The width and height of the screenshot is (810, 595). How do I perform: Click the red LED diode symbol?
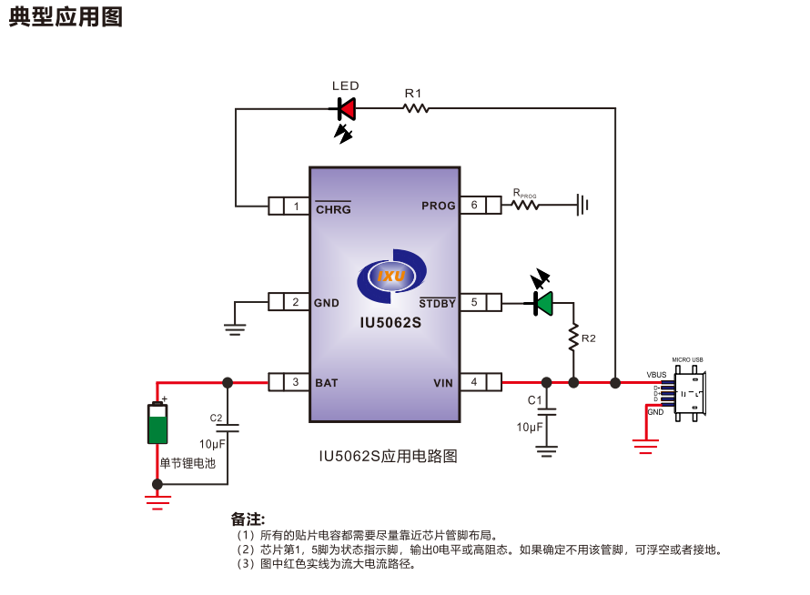(346, 109)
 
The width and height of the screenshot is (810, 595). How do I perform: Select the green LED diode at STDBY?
(543, 303)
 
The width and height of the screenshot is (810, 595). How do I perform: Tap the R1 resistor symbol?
(415, 108)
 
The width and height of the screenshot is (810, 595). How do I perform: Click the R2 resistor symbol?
(573, 338)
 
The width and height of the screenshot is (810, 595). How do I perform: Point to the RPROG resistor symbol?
(525, 206)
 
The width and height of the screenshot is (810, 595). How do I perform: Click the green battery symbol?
(157, 423)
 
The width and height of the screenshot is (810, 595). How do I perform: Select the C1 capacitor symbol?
(546, 412)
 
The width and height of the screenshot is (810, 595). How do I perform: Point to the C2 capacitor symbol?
(228, 428)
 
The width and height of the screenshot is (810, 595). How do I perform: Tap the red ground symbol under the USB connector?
(645, 445)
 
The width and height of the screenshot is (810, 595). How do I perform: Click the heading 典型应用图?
(66, 16)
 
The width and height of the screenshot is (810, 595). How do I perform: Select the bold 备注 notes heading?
(248, 519)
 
